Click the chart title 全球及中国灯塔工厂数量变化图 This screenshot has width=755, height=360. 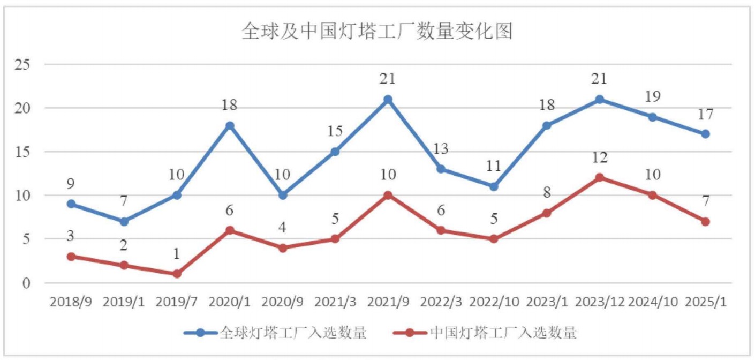(377, 31)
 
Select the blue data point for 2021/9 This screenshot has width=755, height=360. (388, 100)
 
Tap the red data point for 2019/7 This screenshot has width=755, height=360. (177, 274)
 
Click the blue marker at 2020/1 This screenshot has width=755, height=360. (230, 126)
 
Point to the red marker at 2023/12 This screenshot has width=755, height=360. (600, 178)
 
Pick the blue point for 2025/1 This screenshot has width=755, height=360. (705, 134)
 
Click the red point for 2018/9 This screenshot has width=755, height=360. (71, 257)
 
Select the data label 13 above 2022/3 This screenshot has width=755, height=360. (440, 148)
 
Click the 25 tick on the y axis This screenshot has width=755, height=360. (22, 65)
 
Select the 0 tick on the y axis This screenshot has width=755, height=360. (26, 283)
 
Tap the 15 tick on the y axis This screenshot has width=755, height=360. (22, 152)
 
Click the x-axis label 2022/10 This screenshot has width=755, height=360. (494, 302)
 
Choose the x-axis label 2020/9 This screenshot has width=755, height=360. (282, 302)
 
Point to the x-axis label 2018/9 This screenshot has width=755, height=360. (71, 302)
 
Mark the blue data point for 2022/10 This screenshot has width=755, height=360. (494, 186)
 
